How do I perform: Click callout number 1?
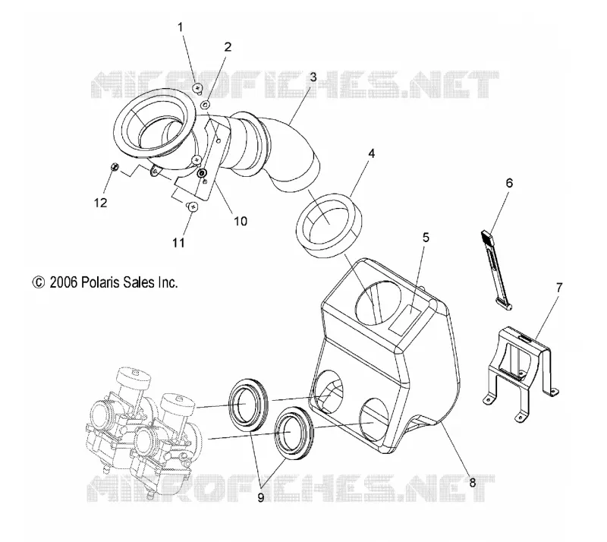[180, 27]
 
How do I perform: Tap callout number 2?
[228, 47]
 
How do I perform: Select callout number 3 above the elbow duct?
[313, 77]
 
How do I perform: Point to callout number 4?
[371, 153]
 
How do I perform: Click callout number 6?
[509, 183]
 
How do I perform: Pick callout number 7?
[558, 288]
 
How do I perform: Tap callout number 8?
[472, 483]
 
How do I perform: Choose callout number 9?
[260, 497]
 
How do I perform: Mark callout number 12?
[100, 202]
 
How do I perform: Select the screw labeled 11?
[193, 206]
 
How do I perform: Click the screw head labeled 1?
[198, 89]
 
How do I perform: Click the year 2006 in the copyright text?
[64, 282]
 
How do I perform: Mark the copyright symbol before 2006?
[39, 282]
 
